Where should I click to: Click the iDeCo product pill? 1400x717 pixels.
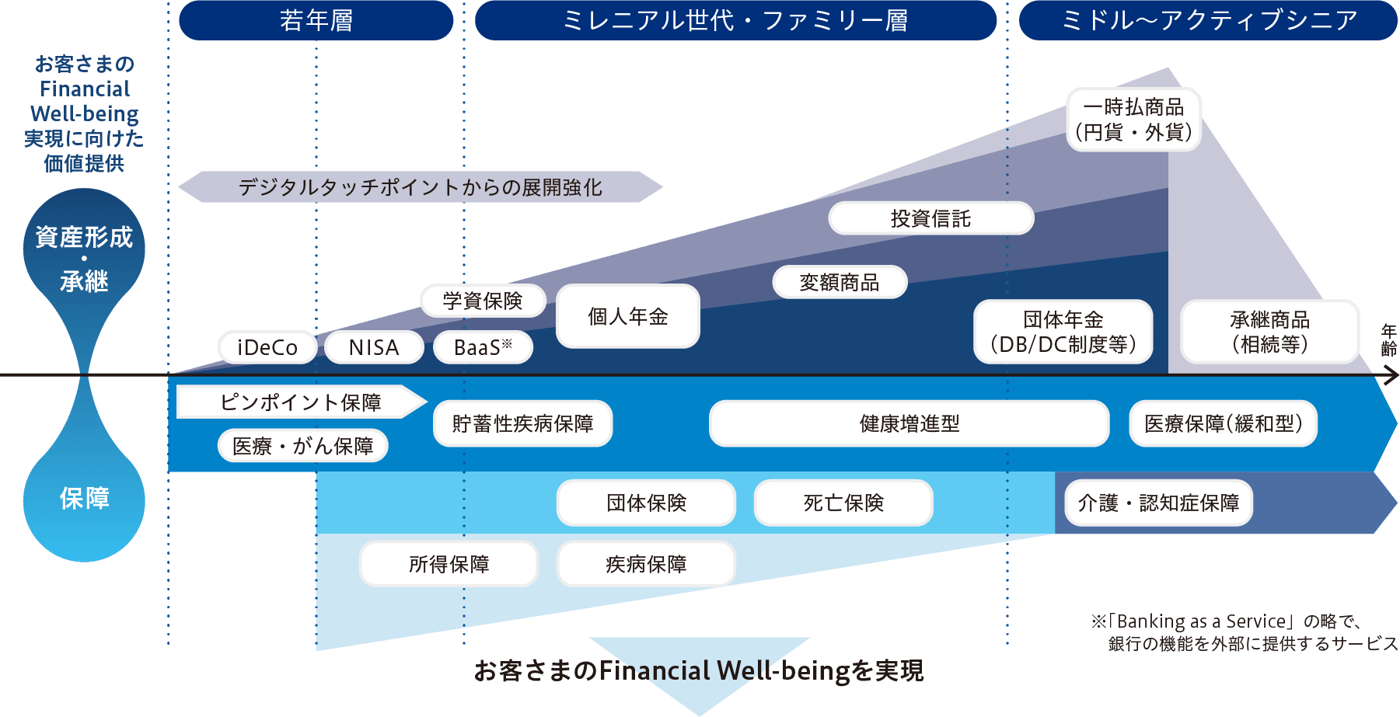pyautogui.click(x=267, y=347)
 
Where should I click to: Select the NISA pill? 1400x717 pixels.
pyautogui.click(x=374, y=347)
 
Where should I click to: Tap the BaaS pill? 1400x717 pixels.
pyautogui.click(x=483, y=347)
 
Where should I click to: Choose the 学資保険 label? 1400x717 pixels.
pyautogui.click(x=483, y=301)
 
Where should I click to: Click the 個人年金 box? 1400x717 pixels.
pyautogui.click(x=628, y=316)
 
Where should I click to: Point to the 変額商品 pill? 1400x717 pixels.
pyautogui.click(x=840, y=282)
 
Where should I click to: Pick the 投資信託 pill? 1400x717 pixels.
pyautogui.click(x=930, y=218)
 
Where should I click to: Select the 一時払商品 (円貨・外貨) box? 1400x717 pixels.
pyautogui.click(x=1134, y=119)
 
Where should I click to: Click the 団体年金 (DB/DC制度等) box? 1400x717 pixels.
pyautogui.click(x=1063, y=332)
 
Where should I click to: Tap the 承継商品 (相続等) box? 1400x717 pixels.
pyautogui.click(x=1269, y=332)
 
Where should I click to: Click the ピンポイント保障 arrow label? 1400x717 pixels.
pyautogui.click(x=301, y=402)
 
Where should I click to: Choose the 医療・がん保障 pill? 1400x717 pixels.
pyautogui.click(x=303, y=446)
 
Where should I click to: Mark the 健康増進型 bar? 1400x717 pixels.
pyautogui.click(x=909, y=423)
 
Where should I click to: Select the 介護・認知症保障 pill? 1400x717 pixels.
pyautogui.click(x=1158, y=503)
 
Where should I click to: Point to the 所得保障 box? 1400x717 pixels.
pyautogui.click(x=449, y=564)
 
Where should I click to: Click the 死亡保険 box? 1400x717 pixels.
pyautogui.click(x=843, y=503)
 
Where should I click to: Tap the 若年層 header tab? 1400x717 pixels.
pyautogui.click(x=316, y=20)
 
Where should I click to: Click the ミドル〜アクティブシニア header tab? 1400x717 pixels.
pyautogui.click(x=1208, y=20)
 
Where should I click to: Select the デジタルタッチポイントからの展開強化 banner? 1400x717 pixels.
pyautogui.click(x=420, y=187)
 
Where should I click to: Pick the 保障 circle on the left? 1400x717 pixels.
pyautogui.click(x=84, y=499)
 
